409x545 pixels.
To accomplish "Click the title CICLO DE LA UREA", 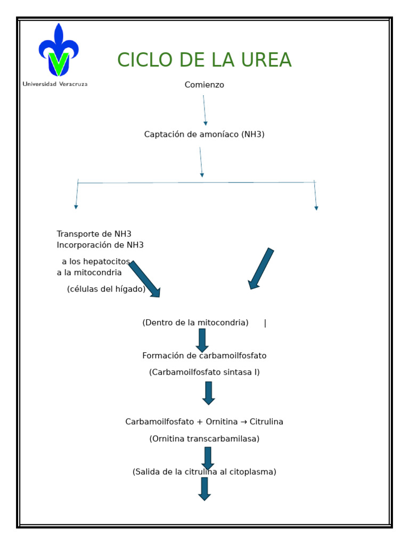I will click(x=204, y=61).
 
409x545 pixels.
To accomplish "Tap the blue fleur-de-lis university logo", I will click(x=59, y=51).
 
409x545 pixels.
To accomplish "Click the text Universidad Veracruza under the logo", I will click(x=55, y=84).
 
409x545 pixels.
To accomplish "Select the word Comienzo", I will click(x=204, y=85).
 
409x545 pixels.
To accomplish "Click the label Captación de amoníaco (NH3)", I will click(x=204, y=135).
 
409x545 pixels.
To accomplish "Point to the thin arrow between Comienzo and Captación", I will click(x=204, y=110).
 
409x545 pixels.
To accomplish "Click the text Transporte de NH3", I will click(x=94, y=234).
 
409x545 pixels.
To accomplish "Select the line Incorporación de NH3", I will click(x=100, y=245).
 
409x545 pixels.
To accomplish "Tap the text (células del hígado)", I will click(x=106, y=290).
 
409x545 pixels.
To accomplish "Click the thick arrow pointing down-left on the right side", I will click(x=261, y=269).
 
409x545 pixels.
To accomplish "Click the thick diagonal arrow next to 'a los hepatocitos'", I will click(x=144, y=279).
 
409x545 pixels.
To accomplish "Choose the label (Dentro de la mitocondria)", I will click(x=195, y=323).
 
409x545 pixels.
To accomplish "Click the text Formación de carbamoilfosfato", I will click(x=204, y=356).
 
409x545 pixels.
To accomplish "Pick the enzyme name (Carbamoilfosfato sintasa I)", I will click(x=204, y=373).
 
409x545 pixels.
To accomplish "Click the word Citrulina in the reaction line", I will click(x=266, y=422).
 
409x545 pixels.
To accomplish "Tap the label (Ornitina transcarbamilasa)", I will click(x=204, y=439).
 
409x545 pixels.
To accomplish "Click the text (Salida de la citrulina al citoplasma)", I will click(x=204, y=472).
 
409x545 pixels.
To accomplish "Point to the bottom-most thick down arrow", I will click(x=204, y=489).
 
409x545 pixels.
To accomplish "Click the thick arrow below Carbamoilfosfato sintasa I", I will click(x=209, y=393).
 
